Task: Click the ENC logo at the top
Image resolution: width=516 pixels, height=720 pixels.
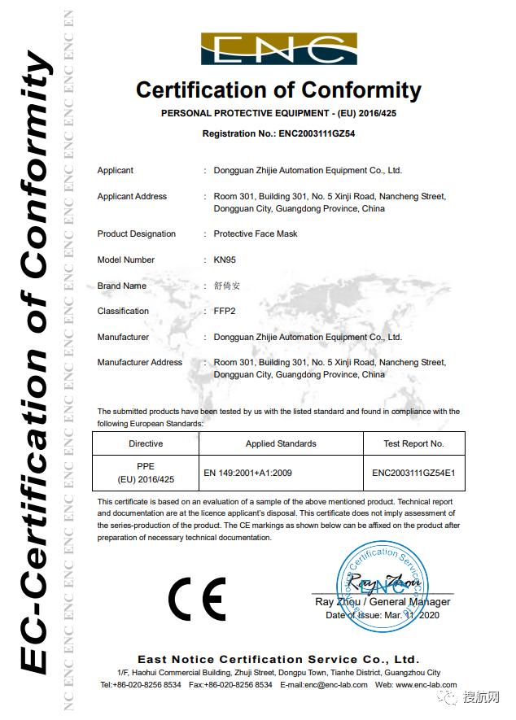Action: [x=278, y=48]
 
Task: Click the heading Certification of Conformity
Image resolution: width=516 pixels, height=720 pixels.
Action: [x=278, y=89]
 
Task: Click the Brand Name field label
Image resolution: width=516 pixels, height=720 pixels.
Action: [x=122, y=286]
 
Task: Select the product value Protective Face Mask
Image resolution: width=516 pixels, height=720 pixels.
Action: [x=256, y=234]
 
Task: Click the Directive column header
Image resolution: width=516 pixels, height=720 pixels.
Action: [x=146, y=444]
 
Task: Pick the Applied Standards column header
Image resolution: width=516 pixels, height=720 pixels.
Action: [x=281, y=444]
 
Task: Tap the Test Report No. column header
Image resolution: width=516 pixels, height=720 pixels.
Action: [x=413, y=444]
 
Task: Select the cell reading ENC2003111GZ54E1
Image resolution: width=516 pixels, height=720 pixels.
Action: [x=413, y=472]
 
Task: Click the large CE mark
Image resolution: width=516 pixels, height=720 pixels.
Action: [x=197, y=601]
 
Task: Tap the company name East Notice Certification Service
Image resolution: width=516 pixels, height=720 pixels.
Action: [x=278, y=659]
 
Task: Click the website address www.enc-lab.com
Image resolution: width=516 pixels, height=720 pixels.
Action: [x=427, y=686]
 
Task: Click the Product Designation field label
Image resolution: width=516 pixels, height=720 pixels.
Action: [x=137, y=234]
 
